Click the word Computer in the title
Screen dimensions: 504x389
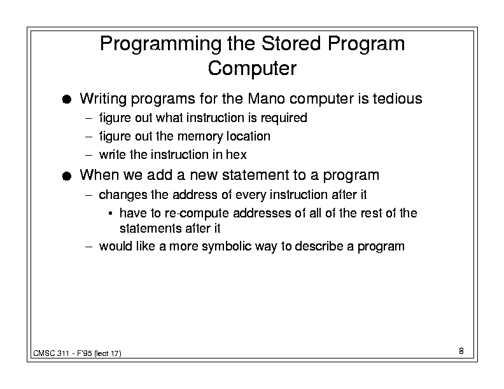[x=252, y=69]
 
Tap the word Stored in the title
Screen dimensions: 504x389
[x=291, y=43]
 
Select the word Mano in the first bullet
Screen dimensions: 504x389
[x=266, y=99]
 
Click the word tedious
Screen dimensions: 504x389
[x=397, y=99]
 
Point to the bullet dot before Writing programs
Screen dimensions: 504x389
[x=67, y=99]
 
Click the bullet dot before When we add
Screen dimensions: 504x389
[x=67, y=176]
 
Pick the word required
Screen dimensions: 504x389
[x=284, y=118]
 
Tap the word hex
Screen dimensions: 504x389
[x=236, y=154]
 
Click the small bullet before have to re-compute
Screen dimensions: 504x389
[x=110, y=214]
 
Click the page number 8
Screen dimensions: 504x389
[x=461, y=351]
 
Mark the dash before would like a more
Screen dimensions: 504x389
[x=88, y=247]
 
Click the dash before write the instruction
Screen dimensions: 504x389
[x=88, y=155]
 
